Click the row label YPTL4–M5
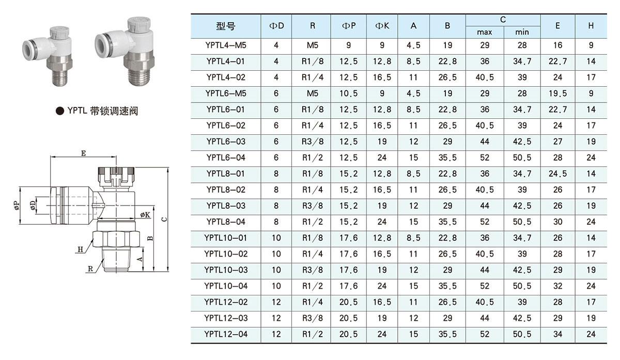click(226, 45)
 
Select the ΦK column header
click(382, 26)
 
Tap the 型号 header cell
click(226, 26)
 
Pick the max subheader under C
click(485, 32)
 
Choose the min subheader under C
click(522, 32)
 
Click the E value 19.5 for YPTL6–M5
click(557, 93)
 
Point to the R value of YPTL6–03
click(312, 142)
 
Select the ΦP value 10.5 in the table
click(348, 93)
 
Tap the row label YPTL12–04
click(226, 334)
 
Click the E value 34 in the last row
click(557, 334)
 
